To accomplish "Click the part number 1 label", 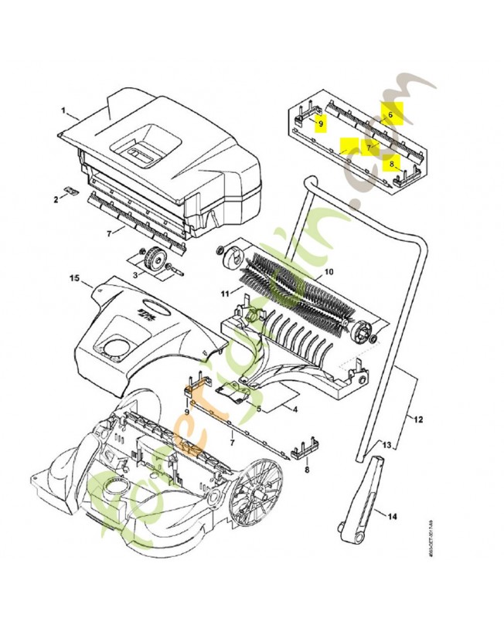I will (x=63, y=112).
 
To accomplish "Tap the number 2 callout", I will (x=56, y=199).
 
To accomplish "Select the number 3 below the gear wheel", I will (x=135, y=274).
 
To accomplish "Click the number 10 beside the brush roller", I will (x=328, y=272).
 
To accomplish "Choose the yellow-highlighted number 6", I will (x=391, y=114).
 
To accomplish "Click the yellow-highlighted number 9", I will (x=322, y=122).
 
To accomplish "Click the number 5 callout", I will (x=260, y=407).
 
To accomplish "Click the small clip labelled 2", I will (x=70, y=190).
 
